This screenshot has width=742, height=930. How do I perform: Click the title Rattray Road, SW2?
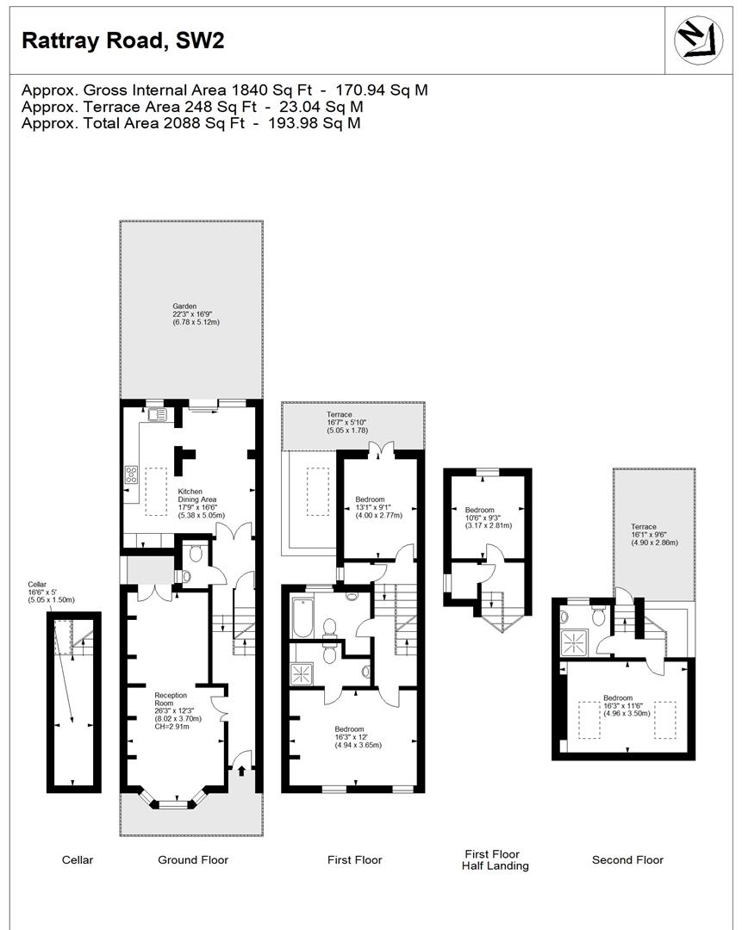click(x=122, y=40)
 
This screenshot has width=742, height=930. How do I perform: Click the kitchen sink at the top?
click(x=158, y=414)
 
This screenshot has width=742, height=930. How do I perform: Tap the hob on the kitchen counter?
click(x=132, y=474)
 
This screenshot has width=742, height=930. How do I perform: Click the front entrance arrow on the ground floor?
click(x=241, y=771)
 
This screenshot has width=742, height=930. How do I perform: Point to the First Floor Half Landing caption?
click(x=491, y=860)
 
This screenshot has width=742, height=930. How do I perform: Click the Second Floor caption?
click(x=627, y=859)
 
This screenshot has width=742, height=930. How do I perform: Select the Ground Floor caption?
click(x=193, y=859)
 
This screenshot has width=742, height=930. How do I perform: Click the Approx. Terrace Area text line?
click(x=192, y=107)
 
